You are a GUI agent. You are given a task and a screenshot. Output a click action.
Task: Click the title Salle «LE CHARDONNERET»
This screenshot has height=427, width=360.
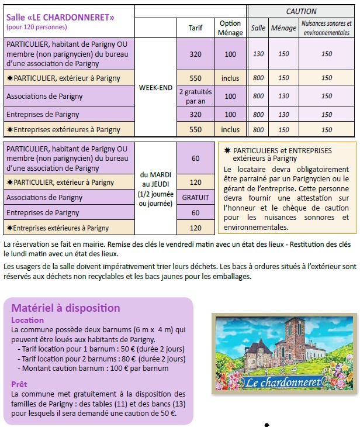[x=61, y=16]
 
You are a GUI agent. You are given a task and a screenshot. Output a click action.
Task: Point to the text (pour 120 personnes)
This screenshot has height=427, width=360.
[x=37, y=27]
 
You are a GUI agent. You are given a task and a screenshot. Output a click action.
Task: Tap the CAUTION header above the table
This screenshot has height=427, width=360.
[x=301, y=11]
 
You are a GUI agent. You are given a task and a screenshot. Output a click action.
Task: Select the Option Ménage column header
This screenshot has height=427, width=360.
[x=230, y=27]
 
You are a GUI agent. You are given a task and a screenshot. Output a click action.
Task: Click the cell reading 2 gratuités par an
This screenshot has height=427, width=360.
[x=196, y=96]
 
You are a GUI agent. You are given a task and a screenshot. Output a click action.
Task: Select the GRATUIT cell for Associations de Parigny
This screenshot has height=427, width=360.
[x=195, y=198]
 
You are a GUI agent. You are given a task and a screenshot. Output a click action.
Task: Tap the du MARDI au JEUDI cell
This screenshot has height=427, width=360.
[x=155, y=188]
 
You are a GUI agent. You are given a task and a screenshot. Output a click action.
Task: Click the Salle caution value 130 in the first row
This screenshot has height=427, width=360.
[x=258, y=54]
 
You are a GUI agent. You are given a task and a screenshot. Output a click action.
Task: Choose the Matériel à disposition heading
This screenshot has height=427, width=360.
[x=66, y=308]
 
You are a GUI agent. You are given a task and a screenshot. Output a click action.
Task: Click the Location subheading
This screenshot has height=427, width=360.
[x=27, y=320]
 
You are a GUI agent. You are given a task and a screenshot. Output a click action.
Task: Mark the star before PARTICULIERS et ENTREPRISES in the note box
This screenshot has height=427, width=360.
[x=227, y=150]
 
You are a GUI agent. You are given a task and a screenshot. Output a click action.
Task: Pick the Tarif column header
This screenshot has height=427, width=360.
[x=196, y=27]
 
